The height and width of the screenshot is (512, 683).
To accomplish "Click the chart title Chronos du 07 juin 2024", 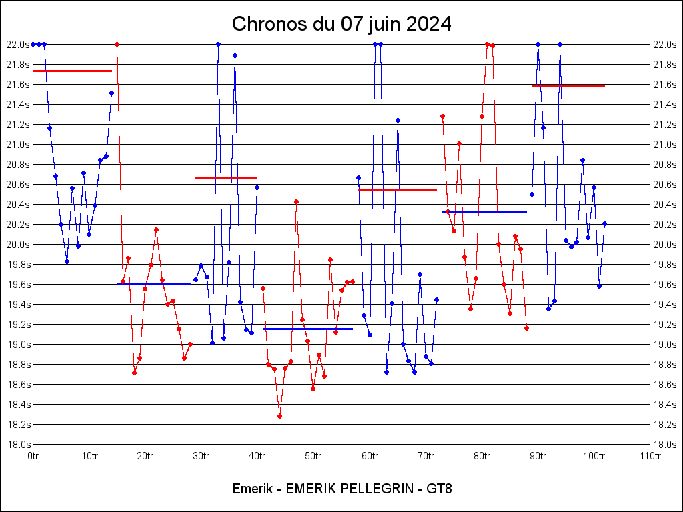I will [x=341, y=24].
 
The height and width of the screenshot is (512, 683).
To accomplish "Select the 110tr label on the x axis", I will [x=650, y=456].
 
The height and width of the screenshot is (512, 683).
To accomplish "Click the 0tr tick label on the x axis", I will [x=33, y=456].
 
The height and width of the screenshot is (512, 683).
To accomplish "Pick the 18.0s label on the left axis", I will [x=18, y=445].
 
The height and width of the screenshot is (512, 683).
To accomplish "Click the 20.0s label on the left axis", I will [x=18, y=245].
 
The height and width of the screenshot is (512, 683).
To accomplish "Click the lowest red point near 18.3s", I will [x=279, y=416].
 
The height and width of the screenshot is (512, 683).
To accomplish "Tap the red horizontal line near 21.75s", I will [x=72, y=71].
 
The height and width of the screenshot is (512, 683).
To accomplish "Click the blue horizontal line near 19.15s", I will [x=307, y=329].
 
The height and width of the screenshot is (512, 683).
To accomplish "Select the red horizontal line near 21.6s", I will [x=568, y=85].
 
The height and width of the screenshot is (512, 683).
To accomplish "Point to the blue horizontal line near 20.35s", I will [x=484, y=211].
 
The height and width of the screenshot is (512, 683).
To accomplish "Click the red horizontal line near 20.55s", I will [x=398, y=190].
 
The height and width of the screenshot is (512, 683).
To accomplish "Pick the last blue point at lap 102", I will [x=604, y=223].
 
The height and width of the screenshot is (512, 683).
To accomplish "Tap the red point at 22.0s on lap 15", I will [x=117, y=44].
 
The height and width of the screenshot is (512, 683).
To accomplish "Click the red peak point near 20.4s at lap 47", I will [x=296, y=201].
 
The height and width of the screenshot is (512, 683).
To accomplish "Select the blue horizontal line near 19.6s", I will [x=153, y=284].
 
